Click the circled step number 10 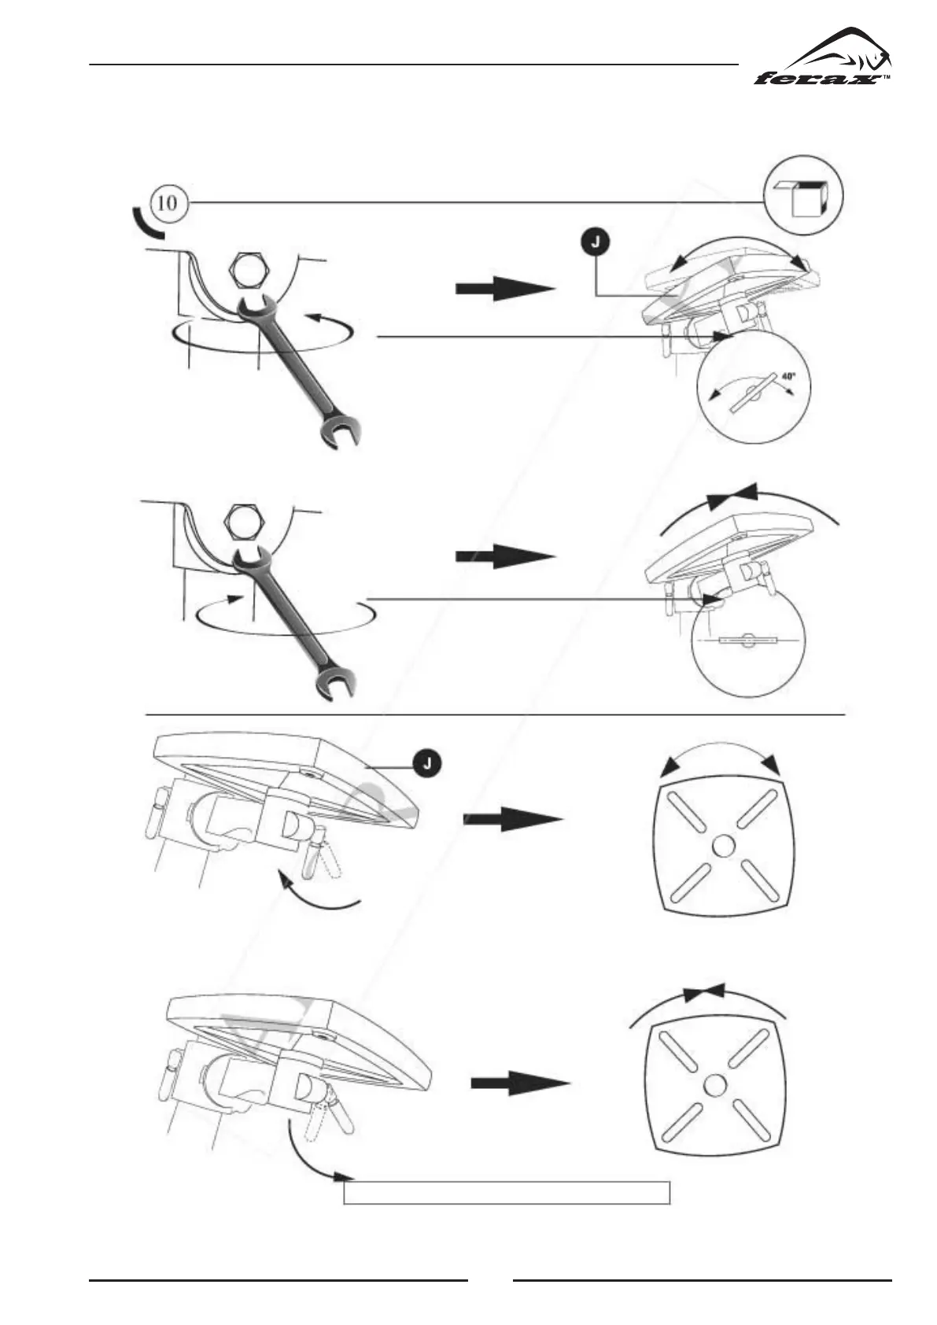(168, 202)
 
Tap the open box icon (804, 195)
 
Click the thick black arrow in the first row (505, 290)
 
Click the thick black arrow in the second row (505, 555)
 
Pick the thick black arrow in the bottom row (520, 1083)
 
